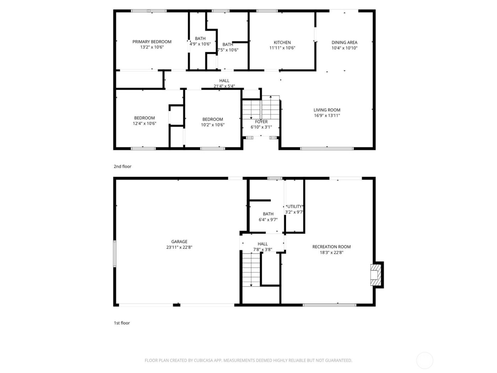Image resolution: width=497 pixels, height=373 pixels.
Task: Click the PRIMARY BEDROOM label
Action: [x=152, y=42]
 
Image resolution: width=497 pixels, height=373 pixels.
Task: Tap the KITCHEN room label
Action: [x=282, y=42]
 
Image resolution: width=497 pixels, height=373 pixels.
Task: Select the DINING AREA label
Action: [x=344, y=42]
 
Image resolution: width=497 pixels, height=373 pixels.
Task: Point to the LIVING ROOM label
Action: [x=327, y=110]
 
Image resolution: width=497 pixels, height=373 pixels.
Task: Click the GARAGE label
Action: [x=179, y=242]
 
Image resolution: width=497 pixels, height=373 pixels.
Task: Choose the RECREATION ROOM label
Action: [x=331, y=247]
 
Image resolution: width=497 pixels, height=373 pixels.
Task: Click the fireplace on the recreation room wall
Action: [x=376, y=275]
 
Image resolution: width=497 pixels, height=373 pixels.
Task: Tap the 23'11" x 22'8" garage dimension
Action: [x=179, y=247]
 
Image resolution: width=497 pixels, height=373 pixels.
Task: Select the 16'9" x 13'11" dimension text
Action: [x=327, y=115]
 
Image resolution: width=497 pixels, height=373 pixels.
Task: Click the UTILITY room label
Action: [x=295, y=206]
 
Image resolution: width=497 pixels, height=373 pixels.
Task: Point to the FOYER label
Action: [x=261, y=121]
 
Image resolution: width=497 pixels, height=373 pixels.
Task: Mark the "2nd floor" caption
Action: [x=122, y=166]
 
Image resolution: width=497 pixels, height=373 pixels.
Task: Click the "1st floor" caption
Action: [x=122, y=323]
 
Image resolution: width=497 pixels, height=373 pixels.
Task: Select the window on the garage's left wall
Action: [x=115, y=254]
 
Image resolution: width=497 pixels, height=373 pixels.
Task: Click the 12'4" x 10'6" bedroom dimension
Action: [x=144, y=124]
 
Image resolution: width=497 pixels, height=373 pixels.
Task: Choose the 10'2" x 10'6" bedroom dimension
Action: [x=213, y=125]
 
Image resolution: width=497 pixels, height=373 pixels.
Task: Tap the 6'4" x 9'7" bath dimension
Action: [x=268, y=220]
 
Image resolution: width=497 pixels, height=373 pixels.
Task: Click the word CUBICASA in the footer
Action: [x=203, y=360]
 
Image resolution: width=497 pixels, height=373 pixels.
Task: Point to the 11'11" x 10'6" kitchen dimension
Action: [x=282, y=48]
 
